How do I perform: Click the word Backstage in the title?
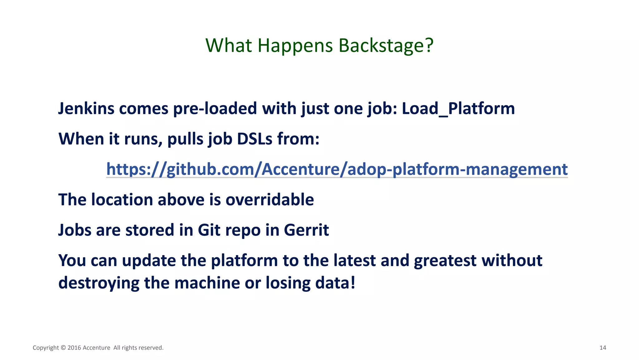386,46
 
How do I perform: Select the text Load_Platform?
458,109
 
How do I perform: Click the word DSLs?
255,139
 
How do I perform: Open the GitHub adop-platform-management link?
337,169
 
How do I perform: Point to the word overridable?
270,200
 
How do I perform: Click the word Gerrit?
306,230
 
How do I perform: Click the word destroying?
99,283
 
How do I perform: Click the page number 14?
602,348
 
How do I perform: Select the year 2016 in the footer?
74,348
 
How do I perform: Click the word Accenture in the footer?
96,348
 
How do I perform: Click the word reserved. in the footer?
151,348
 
